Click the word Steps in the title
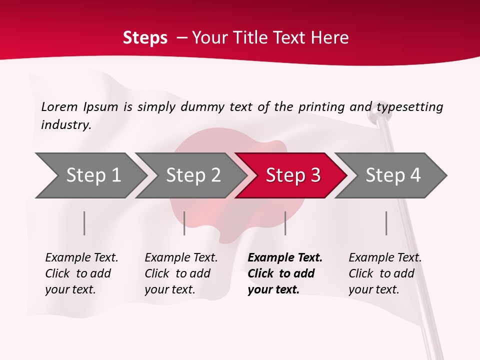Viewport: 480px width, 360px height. coord(145,38)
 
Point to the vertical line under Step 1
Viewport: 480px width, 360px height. coord(84,223)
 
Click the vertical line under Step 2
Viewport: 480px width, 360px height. coord(184,223)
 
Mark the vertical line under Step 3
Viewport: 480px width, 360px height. coord(285,223)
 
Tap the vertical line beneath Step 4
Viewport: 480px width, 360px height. coord(386,223)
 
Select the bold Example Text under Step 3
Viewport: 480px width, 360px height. coord(285,273)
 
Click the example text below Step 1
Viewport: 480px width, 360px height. coord(81,273)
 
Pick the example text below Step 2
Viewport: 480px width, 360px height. coord(181,273)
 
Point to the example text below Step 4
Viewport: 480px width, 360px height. coord(385,273)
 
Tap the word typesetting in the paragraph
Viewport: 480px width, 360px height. coord(410,107)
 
